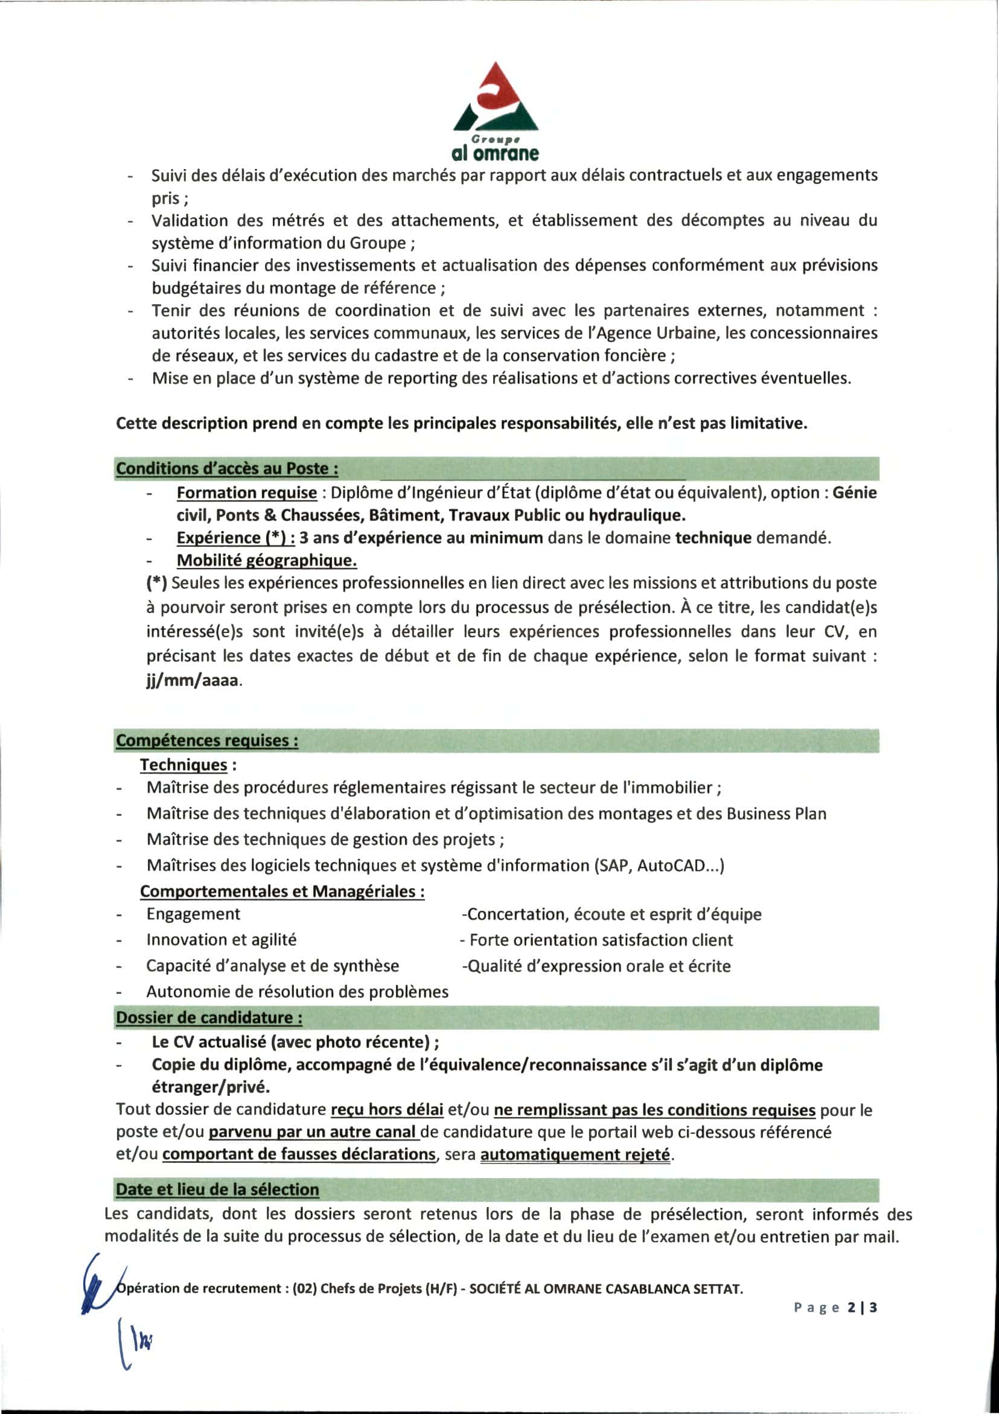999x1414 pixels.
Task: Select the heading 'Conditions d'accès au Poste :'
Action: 226,469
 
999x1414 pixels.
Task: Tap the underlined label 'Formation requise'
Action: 246,492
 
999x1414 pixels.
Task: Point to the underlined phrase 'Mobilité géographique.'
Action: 267,561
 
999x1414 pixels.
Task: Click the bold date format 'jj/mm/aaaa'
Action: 192,681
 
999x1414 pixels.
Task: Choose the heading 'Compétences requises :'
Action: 207,740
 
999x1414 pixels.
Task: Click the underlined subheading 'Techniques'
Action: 184,765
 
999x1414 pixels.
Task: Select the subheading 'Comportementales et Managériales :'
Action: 282,891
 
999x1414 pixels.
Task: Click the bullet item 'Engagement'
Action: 193,914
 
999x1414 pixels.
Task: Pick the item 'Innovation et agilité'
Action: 221,940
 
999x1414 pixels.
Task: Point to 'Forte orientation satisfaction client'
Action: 601,940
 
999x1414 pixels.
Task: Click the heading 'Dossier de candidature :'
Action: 209,1018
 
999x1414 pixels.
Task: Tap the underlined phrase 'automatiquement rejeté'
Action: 575,1154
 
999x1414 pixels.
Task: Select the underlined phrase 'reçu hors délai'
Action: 387,1110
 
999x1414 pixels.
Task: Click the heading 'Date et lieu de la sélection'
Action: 217,1189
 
